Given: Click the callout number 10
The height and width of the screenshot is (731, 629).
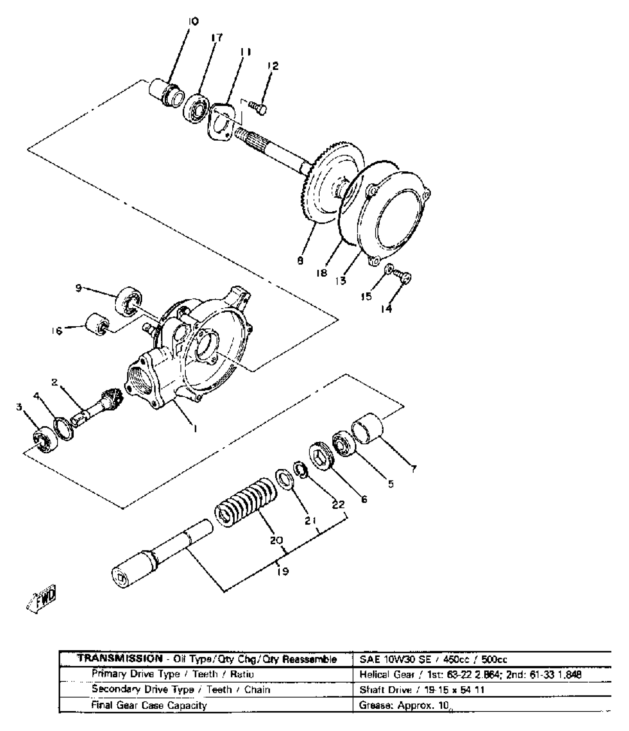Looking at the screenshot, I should (x=193, y=21).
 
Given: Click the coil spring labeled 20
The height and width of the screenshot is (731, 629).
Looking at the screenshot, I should (x=246, y=501).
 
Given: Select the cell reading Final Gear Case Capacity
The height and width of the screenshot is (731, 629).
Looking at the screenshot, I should (x=149, y=705).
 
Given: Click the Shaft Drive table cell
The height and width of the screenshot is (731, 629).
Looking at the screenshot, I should (x=422, y=690).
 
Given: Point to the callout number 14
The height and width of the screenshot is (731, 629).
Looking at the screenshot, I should (x=386, y=309).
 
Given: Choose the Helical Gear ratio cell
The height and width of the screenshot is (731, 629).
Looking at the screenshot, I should (x=470, y=674).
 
